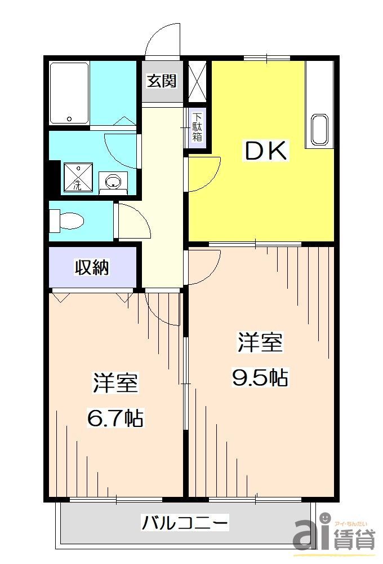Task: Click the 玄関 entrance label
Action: (x=162, y=81)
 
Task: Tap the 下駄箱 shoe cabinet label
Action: (x=197, y=127)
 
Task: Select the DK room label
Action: (x=265, y=151)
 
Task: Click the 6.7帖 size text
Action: (x=115, y=418)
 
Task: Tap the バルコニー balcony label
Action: (x=185, y=523)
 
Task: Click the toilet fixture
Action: (x=65, y=219)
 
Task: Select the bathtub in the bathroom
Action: (x=69, y=93)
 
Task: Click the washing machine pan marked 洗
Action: (x=77, y=177)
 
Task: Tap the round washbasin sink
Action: (x=113, y=182)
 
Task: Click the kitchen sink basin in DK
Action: (x=319, y=130)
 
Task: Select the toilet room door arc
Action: (x=133, y=222)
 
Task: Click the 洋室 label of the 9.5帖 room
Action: (x=260, y=342)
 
